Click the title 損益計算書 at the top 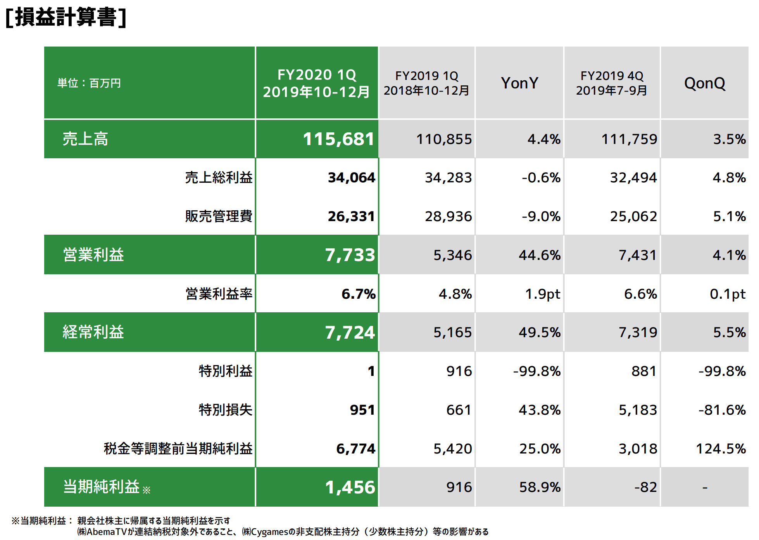(x=66, y=17)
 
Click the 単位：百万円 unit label (x=89, y=83)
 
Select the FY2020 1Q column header (x=316, y=83)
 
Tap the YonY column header (x=519, y=83)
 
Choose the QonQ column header (x=704, y=83)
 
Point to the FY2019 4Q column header (x=611, y=83)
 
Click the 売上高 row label (x=85, y=139)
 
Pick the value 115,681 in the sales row (x=338, y=139)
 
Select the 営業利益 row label (x=93, y=255)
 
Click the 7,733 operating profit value (x=350, y=255)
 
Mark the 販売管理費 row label (x=219, y=216)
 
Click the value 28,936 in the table (x=448, y=216)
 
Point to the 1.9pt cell (x=542, y=294)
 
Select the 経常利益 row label (x=93, y=332)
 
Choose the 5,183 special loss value (x=638, y=410)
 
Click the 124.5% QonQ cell (x=721, y=448)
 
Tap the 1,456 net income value (x=350, y=487)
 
